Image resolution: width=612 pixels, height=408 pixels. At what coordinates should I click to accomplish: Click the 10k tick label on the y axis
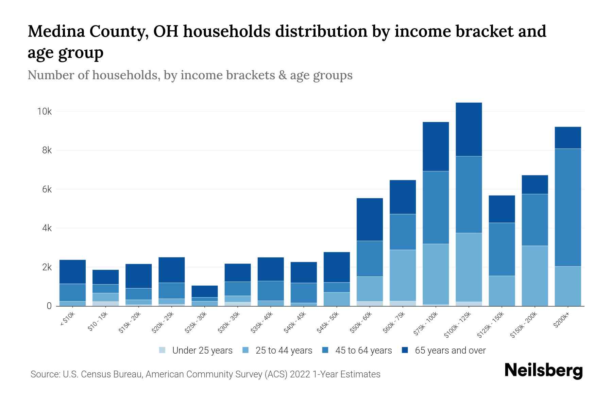tap(45, 112)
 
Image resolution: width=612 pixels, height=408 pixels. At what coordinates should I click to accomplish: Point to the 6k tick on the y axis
tap(47, 189)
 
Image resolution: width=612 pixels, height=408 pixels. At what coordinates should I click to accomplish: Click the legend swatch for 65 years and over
tap(405, 350)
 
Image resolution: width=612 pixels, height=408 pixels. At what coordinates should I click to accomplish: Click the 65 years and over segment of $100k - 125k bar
tap(469, 129)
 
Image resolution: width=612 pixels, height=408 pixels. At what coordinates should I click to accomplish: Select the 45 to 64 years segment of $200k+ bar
tap(568, 207)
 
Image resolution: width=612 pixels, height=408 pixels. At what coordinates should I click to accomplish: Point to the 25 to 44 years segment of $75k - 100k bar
tap(436, 274)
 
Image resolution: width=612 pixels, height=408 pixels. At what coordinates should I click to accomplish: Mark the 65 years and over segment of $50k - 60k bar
tap(370, 219)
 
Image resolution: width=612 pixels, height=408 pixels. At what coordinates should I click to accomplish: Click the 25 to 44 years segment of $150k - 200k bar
tap(535, 275)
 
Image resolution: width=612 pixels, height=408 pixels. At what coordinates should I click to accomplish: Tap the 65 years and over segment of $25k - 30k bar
tap(204, 291)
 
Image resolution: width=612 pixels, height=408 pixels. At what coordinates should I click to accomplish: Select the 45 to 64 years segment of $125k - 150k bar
tap(502, 249)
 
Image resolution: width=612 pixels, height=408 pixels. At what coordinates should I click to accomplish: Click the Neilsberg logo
tap(543, 371)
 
